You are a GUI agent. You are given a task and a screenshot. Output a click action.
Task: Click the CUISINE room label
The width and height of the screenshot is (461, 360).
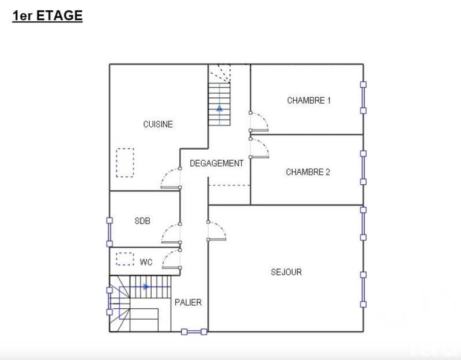click(x=158, y=124)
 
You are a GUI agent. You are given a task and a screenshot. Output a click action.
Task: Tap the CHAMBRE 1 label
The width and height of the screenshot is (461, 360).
click(x=309, y=100)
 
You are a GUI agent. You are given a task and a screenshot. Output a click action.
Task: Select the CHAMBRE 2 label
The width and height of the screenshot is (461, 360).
click(x=308, y=172)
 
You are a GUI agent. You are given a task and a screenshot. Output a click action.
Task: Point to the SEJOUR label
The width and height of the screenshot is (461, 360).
click(x=286, y=272)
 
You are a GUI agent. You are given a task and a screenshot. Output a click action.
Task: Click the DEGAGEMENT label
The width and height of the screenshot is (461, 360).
click(x=217, y=164)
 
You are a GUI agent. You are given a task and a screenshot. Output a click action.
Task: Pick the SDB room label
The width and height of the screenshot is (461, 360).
click(x=142, y=220)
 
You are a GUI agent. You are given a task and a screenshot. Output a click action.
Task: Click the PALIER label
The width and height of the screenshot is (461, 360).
click(x=188, y=302)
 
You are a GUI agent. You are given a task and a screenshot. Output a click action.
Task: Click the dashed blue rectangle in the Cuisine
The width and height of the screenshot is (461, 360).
click(x=124, y=162)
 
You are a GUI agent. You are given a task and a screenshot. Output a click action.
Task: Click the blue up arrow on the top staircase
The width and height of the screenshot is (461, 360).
click(x=219, y=108)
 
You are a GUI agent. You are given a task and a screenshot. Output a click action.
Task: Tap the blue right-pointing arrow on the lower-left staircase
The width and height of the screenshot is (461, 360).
click(x=146, y=286)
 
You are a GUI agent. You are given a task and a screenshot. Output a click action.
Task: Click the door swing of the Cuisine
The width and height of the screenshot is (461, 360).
click(x=171, y=178)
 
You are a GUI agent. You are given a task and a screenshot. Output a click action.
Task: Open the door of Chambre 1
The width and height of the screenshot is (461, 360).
click(x=259, y=122)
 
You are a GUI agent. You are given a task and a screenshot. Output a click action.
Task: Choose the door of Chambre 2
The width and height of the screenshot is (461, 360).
click(x=259, y=147)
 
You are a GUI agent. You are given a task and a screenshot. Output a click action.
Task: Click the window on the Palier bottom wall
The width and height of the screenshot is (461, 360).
click(x=194, y=331)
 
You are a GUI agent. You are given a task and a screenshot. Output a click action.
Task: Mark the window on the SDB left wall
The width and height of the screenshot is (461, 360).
click(x=109, y=231)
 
